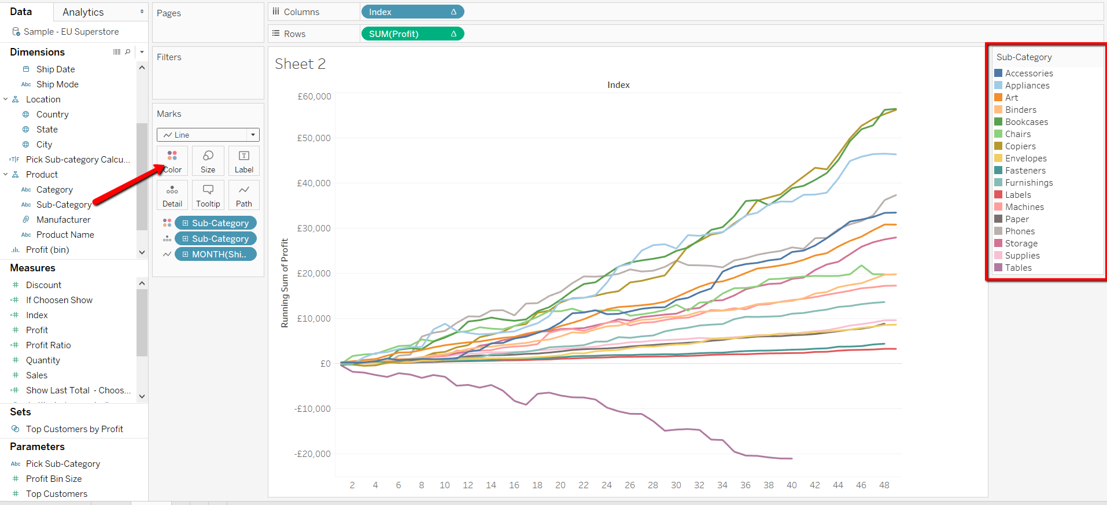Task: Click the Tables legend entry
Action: [1018, 268]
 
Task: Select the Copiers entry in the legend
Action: [1020, 146]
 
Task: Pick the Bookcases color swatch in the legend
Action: [998, 122]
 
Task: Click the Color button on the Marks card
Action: [172, 161]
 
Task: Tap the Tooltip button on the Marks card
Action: [208, 196]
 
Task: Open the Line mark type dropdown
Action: [208, 135]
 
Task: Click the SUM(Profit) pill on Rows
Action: [412, 34]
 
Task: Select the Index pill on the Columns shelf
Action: [412, 12]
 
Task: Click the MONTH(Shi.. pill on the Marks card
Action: [216, 255]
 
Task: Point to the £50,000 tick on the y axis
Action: [313, 138]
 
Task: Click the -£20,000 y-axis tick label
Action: [312, 454]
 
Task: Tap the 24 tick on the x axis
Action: [606, 485]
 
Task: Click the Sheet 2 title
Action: [300, 64]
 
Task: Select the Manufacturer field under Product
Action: [63, 220]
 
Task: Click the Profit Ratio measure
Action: [48, 345]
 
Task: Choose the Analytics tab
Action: [83, 12]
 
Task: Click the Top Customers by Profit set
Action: [74, 429]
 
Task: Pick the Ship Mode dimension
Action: [57, 84]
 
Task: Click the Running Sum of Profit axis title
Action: [285, 283]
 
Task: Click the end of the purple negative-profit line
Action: [791, 459]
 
